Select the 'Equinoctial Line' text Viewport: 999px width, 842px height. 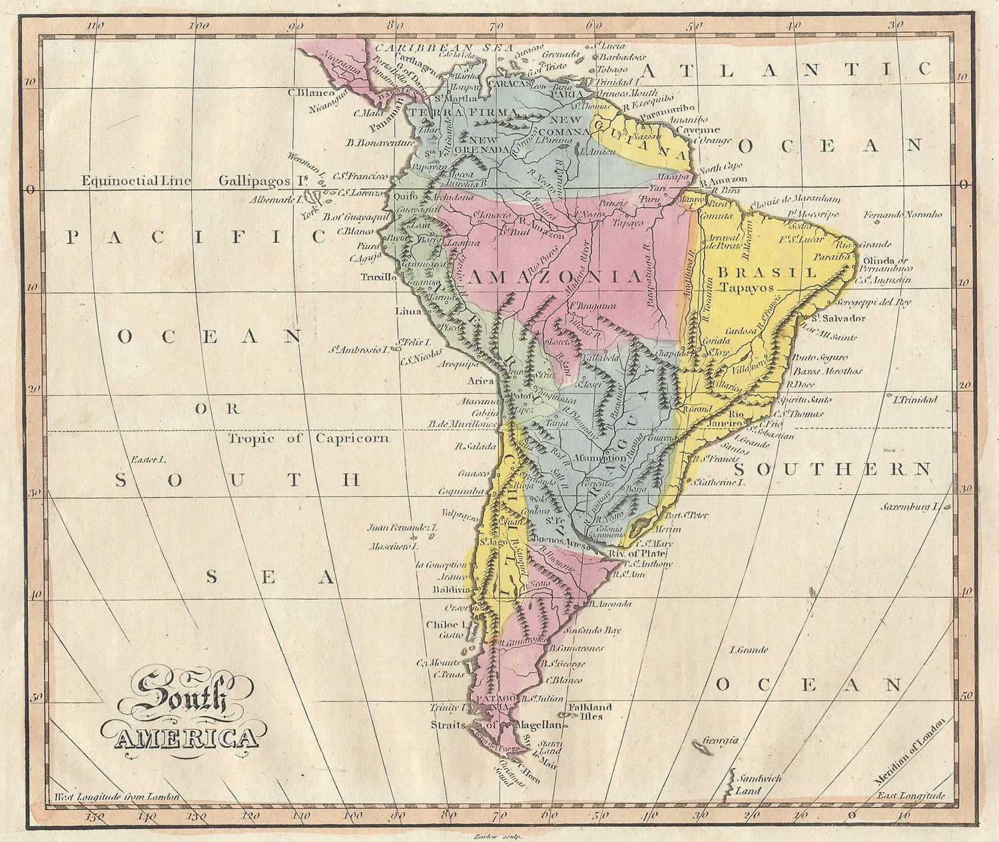coord(137,181)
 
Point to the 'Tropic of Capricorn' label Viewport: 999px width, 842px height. coord(308,439)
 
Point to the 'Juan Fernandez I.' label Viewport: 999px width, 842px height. coord(402,528)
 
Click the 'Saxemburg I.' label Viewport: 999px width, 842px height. coord(910,507)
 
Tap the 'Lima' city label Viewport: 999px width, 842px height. coord(408,311)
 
